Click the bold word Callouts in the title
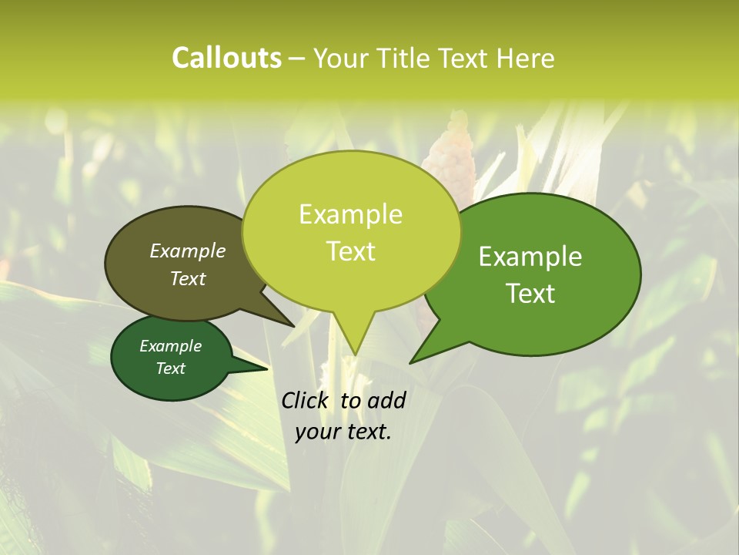(x=226, y=58)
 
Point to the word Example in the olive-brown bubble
(x=188, y=251)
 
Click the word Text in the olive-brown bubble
(x=188, y=278)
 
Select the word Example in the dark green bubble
(x=171, y=346)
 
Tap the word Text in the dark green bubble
(x=171, y=368)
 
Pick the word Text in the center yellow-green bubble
(x=351, y=251)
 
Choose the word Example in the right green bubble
(x=530, y=256)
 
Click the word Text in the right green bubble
(x=531, y=293)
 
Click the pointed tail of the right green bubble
(x=413, y=361)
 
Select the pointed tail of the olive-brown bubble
(x=293, y=325)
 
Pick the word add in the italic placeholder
(x=386, y=400)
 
